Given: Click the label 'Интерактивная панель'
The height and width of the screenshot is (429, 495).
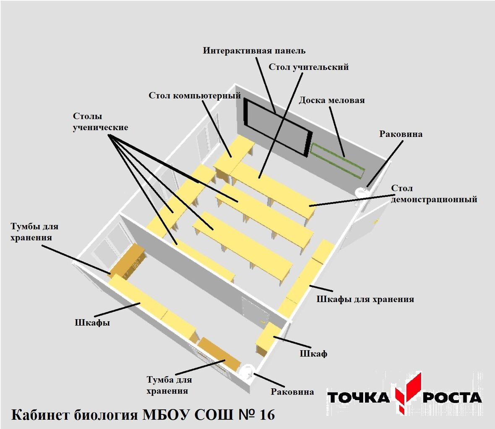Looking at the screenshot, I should click(x=254, y=51).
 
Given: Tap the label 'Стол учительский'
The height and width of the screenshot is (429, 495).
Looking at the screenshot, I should click(x=308, y=67).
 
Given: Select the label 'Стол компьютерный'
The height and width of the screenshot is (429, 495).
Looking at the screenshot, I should click(x=195, y=96).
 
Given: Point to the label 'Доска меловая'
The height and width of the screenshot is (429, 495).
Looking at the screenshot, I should click(x=331, y=101).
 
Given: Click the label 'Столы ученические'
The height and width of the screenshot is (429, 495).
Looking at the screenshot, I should click(x=100, y=121).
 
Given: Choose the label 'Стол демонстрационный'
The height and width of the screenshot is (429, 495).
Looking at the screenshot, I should click(x=434, y=194).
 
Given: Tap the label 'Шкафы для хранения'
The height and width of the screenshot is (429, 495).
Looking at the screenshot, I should click(x=365, y=299).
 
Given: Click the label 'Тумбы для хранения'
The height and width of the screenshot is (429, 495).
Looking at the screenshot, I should click(x=34, y=232).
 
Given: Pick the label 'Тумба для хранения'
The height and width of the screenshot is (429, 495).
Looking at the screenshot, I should click(x=169, y=385).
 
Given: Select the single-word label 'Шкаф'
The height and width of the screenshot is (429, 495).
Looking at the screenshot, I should click(x=313, y=354).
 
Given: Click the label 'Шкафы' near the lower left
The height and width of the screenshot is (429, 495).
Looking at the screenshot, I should click(x=92, y=323).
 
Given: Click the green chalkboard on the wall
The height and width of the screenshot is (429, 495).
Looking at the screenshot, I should click(x=337, y=160).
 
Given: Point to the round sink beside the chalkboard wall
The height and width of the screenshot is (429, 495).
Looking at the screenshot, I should click(x=361, y=192).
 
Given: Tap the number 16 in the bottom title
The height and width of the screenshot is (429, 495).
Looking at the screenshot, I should click(x=267, y=415).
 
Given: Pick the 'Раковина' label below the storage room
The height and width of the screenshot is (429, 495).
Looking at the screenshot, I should click(x=292, y=392).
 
